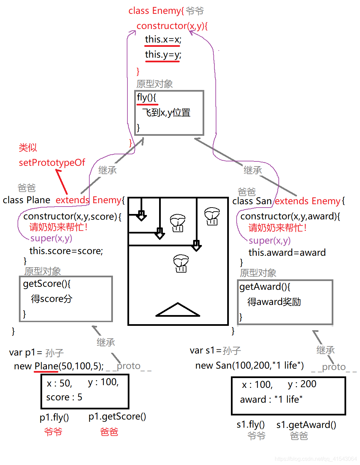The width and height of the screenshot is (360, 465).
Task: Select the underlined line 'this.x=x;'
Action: coord(163,39)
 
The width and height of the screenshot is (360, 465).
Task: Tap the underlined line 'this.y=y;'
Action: coord(163,55)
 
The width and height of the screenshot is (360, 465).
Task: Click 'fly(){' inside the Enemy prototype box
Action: coord(147,97)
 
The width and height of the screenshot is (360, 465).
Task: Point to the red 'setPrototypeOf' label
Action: coord(52,162)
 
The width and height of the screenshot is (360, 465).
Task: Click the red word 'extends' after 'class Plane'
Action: coord(72,200)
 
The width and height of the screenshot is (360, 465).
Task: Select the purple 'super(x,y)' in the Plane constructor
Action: coord(51,238)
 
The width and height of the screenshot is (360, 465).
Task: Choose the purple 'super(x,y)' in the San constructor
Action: coord(270,241)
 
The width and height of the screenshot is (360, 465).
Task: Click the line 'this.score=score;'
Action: coord(66,251)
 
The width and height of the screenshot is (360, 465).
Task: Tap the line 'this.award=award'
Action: coord(287,253)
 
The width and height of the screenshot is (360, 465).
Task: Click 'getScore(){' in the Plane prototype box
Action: coord(47,284)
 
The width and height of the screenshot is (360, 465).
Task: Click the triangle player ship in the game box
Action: coord(178,310)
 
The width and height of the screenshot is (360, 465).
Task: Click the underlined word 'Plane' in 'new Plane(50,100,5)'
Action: coord(46,366)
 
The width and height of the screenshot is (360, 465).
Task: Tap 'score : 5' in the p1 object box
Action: coord(64,398)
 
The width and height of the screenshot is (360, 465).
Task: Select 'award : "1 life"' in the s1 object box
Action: coord(271,400)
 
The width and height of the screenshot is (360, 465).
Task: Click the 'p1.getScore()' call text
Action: coord(117,417)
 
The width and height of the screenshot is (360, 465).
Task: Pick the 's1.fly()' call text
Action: coord(250,425)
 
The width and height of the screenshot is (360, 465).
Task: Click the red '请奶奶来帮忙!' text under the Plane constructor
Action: coord(58,227)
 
